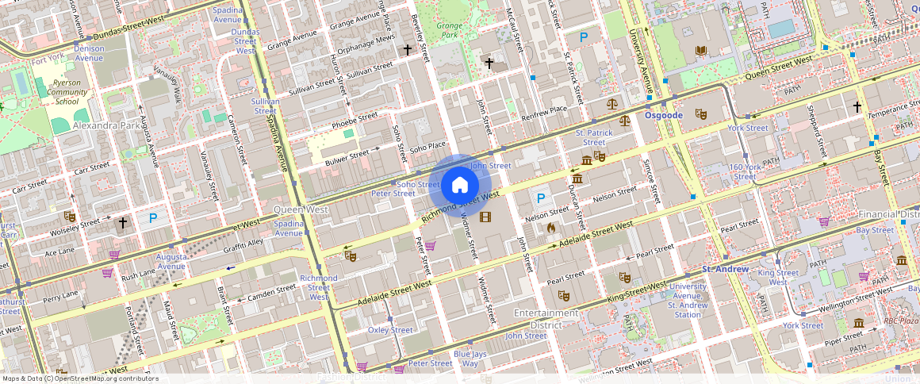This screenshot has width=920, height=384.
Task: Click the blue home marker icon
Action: [x=459, y=186]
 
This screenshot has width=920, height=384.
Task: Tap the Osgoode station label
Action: [x=663, y=115]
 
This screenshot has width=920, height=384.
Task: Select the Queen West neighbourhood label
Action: [x=301, y=209]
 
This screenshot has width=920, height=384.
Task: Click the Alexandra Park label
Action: [x=106, y=125]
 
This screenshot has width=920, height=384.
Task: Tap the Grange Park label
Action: [x=450, y=30]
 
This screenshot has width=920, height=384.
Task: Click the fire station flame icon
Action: [x=551, y=228]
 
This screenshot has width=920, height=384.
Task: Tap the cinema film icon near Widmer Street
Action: [x=485, y=217]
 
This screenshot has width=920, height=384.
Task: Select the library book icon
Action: [x=700, y=52]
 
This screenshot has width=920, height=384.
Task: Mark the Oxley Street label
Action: [x=390, y=330]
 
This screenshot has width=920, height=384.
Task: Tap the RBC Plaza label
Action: [x=900, y=321]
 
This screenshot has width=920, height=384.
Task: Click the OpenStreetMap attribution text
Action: [x=80, y=378]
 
